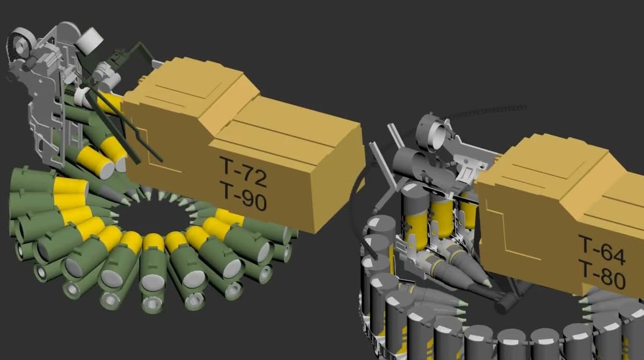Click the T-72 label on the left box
(x=243, y=172)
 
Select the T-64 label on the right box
(x=602, y=251)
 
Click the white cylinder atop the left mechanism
(x=90, y=41)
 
